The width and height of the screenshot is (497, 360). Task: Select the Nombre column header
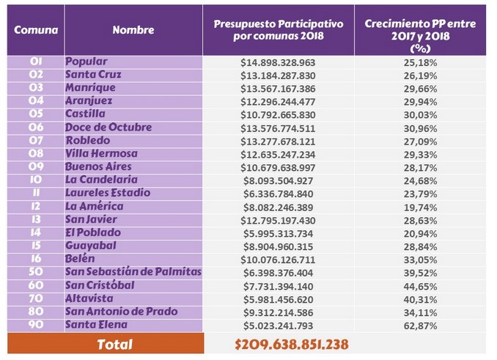[133, 30]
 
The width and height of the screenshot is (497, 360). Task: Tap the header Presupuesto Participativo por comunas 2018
[278, 30]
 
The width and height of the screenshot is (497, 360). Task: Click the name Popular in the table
[86, 62]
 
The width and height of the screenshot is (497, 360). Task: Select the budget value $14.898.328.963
[278, 62]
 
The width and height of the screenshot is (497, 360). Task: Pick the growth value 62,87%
[419, 326]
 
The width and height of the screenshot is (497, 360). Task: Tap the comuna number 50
[35, 273]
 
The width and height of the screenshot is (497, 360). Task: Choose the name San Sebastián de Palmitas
[133, 273]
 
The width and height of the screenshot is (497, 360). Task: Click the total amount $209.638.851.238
[291, 344]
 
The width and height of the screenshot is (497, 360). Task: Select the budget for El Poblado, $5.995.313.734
[278, 233]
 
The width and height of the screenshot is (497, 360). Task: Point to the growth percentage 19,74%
[419, 207]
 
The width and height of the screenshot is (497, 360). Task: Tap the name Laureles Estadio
[108, 194]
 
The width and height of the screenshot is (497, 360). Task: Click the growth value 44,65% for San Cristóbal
[419, 286]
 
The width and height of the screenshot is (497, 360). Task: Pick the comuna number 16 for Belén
[35, 260]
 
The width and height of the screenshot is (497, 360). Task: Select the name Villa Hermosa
[101, 154]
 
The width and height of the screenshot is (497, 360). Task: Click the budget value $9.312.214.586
[278, 312]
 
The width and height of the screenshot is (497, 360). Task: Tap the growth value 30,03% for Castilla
[419, 114]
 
